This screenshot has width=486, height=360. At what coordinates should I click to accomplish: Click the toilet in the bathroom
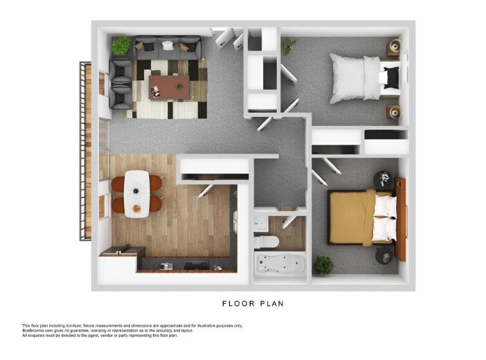click(x=266, y=241)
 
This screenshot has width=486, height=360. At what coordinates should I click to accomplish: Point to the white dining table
click(x=137, y=193)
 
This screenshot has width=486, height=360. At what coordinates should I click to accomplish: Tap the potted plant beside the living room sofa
click(x=120, y=45)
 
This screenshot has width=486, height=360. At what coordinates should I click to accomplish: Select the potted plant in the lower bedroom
click(x=323, y=264)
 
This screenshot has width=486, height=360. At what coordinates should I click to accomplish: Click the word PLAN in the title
click(x=272, y=303)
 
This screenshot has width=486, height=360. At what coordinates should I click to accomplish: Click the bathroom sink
click(x=260, y=222)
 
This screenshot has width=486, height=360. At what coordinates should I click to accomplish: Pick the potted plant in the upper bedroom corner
click(x=288, y=46)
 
